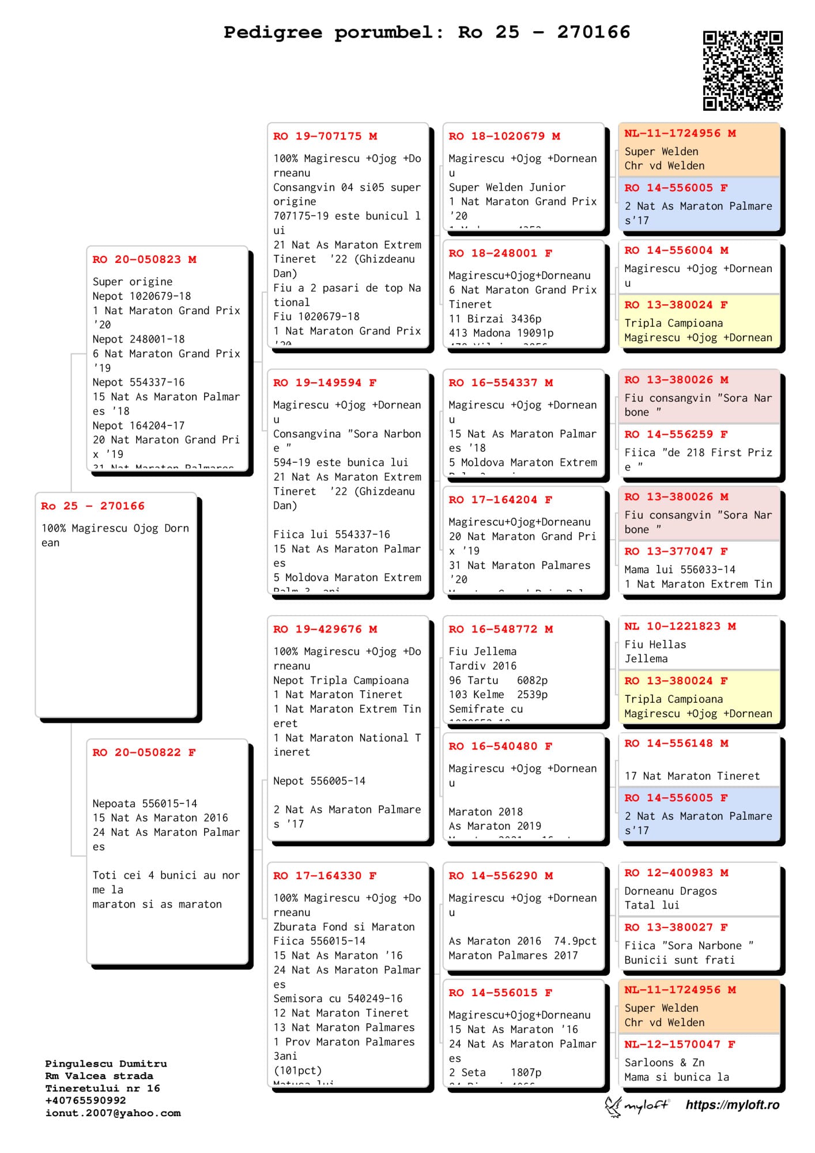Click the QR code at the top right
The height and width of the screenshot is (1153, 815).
(x=742, y=70)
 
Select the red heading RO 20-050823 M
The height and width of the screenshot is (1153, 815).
(x=144, y=259)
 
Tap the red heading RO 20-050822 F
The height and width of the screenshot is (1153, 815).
(x=144, y=752)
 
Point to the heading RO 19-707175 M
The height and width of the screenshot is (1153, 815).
(x=325, y=136)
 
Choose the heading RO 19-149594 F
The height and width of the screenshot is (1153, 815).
(x=325, y=383)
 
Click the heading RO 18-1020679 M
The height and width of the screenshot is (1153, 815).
(x=504, y=136)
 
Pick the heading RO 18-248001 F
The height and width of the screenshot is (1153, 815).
(x=500, y=253)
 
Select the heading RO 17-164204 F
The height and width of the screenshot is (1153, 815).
(x=500, y=500)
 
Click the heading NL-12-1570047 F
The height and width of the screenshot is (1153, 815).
(x=680, y=1044)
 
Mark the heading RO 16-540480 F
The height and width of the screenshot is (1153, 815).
(x=500, y=746)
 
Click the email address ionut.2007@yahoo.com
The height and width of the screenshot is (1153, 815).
(x=113, y=1113)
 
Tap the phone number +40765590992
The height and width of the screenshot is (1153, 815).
(x=85, y=1101)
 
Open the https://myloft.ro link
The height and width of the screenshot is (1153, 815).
(x=732, y=1105)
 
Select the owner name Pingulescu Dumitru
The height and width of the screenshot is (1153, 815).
(x=106, y=1064)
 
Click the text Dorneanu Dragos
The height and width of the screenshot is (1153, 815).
(x=670, y=891)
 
